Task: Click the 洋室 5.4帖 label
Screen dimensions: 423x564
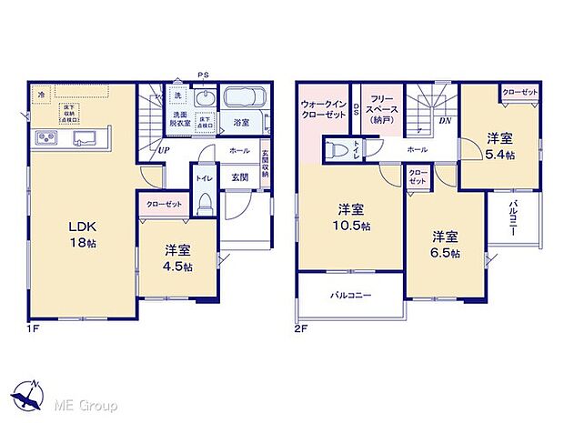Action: click(499, 146)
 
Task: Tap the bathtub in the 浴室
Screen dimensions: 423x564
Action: click(243, 99)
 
